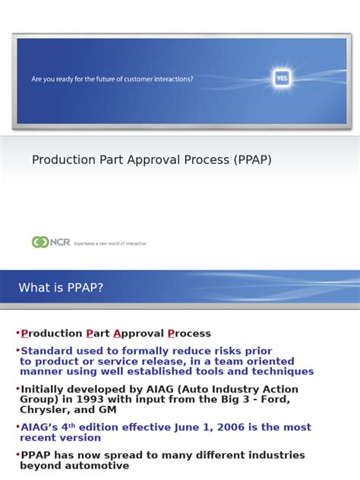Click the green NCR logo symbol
(x=40, y=242)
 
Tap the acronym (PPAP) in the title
(x=246, y=160)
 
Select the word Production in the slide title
(x=62, y=160)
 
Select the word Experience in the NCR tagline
(x=84, y=244)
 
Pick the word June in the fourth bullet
(x=163, y=428)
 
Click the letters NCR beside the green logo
(x=60, y=242)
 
